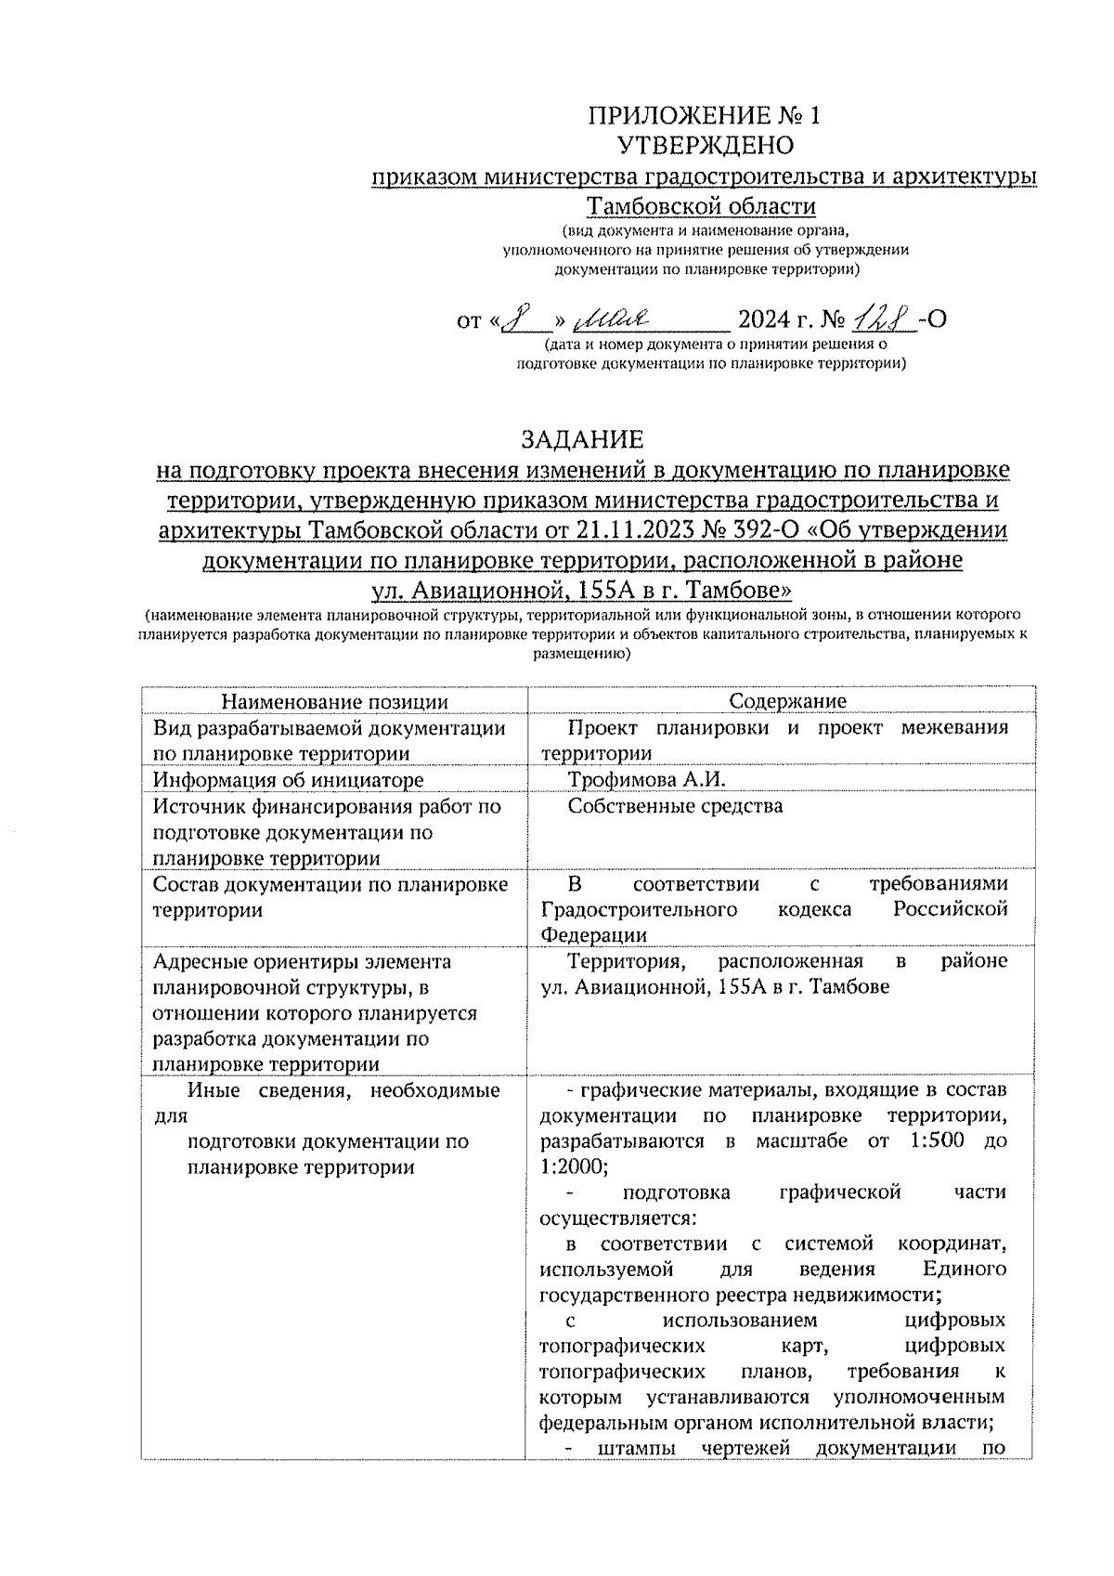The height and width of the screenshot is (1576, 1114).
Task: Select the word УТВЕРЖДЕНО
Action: [705, 146]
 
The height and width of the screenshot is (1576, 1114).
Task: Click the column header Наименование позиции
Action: [334, 702]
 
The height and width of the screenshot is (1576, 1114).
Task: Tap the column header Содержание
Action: [787, 702]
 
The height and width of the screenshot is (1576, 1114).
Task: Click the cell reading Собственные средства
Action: [675, 806]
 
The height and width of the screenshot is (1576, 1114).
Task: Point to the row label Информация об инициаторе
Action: [289, 780]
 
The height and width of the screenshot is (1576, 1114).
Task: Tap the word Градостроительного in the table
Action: [639, 909]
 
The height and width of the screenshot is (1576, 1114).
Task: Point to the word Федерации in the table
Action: [593, 935]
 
